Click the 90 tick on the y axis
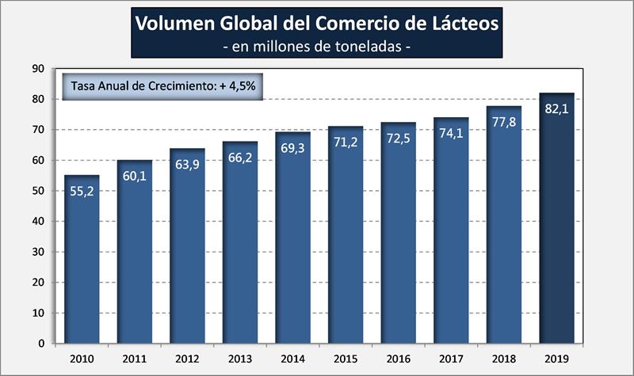(37, 69)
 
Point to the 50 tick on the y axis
(37, 191)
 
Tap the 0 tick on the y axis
(40, 344)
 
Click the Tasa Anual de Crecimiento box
(162, 85)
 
